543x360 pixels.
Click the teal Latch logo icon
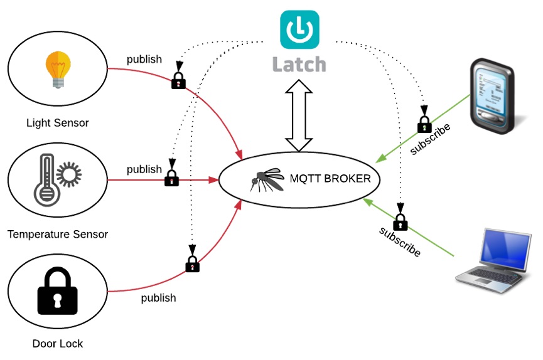click(x=299, y=29)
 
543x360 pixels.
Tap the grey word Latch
click(x=299, y=64)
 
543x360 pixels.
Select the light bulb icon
click(x=57, y=69)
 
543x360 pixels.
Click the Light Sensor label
click(x=57, y=123)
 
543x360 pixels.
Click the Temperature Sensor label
click(x=58, y=235)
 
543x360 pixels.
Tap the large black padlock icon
click(x=57, y=291)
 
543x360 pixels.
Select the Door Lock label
click(x=57, y=344)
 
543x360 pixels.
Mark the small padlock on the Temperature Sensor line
click(x=171, y=178)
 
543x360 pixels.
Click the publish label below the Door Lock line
click(x=158, y=298)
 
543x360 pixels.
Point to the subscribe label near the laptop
click(x=400, y=241)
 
